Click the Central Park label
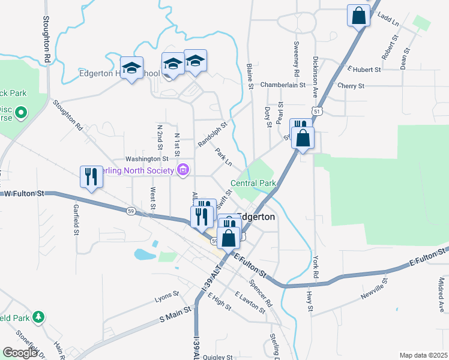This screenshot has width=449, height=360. (x=253, y=183)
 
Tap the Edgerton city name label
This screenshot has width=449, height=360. (x=257, y=217)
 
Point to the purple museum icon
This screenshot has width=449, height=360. (x=183, y=171)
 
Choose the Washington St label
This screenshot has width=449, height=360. (x=146, y=159)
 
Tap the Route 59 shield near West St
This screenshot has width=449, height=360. (x=130, y=210)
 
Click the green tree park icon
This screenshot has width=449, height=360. (x=38, y=316)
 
